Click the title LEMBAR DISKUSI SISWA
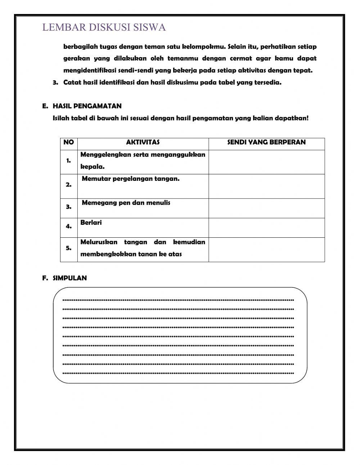click(104, 27)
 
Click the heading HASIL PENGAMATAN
click(87, 106)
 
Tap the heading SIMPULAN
click(69, 278)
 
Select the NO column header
click(68, 142)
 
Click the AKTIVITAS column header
click(143, 142)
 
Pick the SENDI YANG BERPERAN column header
click(266, 142)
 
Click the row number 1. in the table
click(68, 161)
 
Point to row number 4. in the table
click(68, 227)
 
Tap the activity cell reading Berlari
click(91, 223)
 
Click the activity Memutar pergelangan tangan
click(131, 179)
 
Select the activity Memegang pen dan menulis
click(126, 203)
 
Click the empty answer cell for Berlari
click(266, 228)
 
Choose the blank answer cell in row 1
click(266, 162)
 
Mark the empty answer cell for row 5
click(266, 249)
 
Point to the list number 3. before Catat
click(55, 82)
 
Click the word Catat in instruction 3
click(72, 82)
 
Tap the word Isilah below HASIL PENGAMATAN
click(61, 118)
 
